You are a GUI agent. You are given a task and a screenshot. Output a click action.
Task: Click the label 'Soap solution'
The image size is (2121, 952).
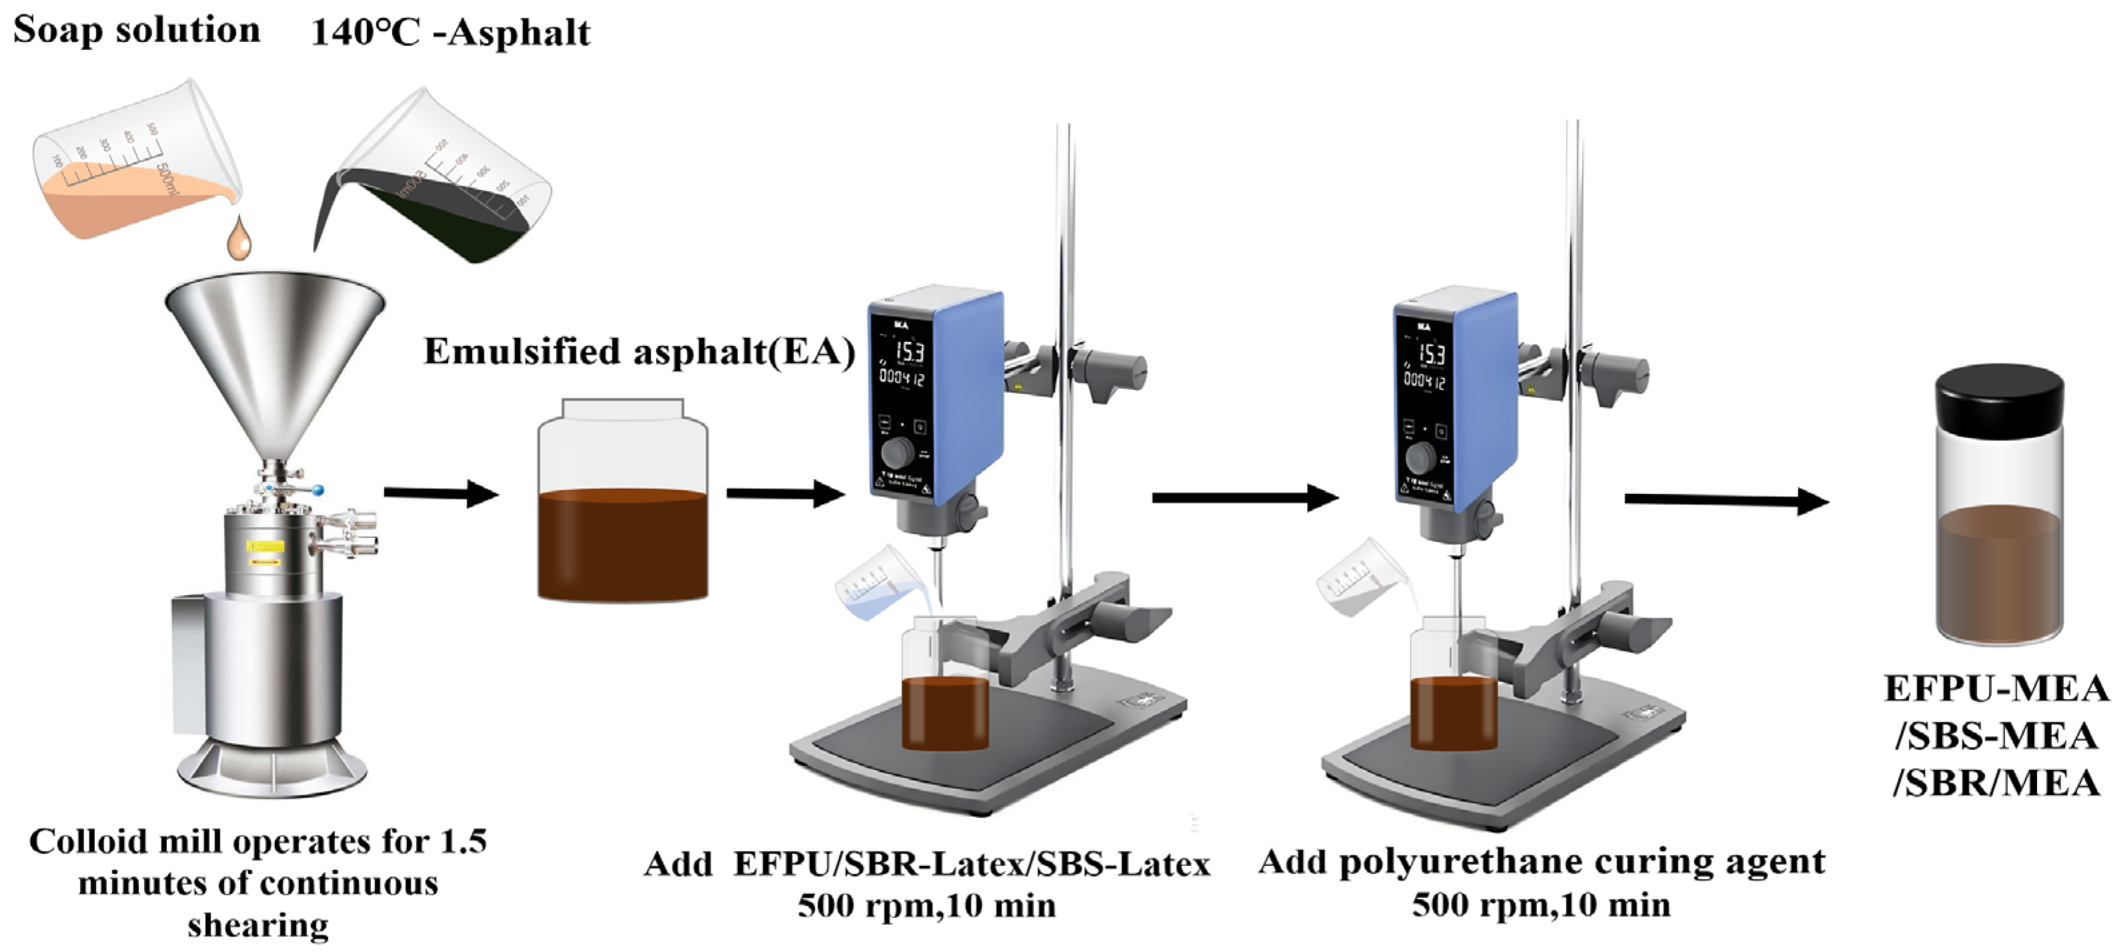click(137, 31)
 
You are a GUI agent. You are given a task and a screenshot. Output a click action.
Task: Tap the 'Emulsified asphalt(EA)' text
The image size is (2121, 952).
click(639, 352)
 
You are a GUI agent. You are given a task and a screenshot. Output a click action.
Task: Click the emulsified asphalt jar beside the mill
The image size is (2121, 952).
click(622, 502)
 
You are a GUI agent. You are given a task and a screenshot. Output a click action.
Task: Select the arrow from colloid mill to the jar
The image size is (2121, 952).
click(441, 494)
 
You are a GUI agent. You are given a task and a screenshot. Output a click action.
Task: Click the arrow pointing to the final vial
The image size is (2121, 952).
click(1726, 499)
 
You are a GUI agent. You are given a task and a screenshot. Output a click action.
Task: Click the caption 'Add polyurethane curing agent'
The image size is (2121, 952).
click(1541, 862)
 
